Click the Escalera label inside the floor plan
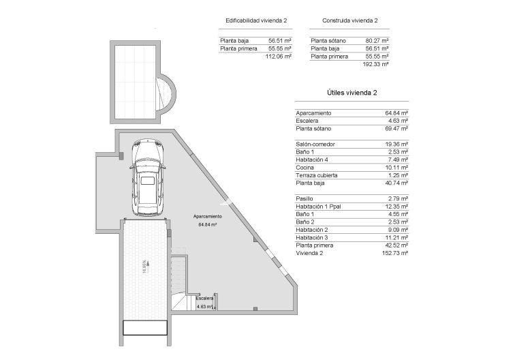(204, 299)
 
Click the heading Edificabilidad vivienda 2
(256, 20)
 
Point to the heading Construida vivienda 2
(349, 20)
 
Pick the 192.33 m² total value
(376, 64)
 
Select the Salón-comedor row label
(315, 145)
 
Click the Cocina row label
(305, 167)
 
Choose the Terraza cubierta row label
(317, 175)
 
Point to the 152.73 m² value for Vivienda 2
(395, 252)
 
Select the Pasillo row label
(305, 198)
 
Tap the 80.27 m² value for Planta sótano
(377, 41)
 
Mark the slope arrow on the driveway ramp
(144, 265)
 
